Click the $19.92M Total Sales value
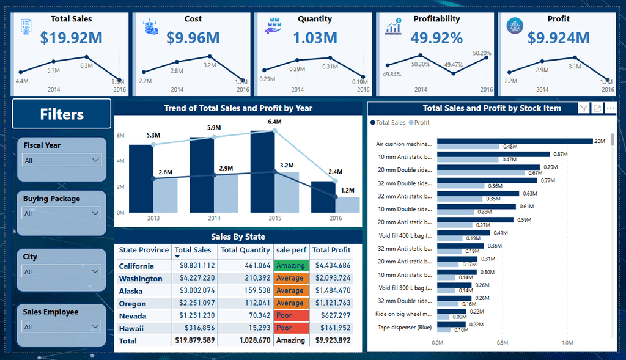point(71,38)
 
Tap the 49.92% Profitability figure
point(436,38)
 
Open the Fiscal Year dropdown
point(61,160)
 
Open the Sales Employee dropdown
point(61,327)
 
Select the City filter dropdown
point(61,271)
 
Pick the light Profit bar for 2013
point(165,196)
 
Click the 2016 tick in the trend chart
point(335,218)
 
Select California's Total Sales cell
point(194,266)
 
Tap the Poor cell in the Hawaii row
point(289,328)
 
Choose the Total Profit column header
point(331,250)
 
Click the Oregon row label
point(133,304)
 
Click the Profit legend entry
point(419,123)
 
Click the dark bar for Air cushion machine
point(515,141)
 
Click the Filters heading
point(62,114)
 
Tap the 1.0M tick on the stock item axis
point(567,343)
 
